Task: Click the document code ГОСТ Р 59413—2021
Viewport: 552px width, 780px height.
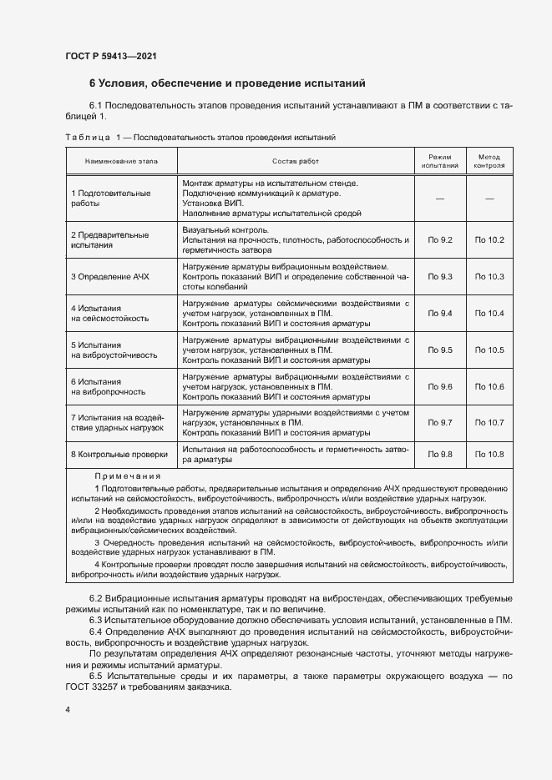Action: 110,56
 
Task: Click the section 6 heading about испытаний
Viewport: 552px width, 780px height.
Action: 227,83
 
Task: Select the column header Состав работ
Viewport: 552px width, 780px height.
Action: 296,159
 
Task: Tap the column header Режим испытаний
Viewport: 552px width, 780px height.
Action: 439,160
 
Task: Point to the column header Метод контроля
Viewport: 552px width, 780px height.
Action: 489,160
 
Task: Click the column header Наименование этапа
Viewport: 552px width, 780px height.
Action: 120,159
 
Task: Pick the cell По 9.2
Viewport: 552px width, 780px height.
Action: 439,240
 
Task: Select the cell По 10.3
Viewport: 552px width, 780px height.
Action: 489,276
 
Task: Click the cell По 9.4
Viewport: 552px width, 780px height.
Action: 439,313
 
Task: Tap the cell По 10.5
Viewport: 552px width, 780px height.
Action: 489,350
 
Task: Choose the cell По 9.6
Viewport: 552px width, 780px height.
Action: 439,386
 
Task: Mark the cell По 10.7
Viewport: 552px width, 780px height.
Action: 489,423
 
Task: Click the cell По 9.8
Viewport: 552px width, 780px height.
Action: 439,454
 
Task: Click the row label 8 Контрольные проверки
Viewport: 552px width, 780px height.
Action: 119,454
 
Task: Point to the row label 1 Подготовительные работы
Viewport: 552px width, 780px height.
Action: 111,198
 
